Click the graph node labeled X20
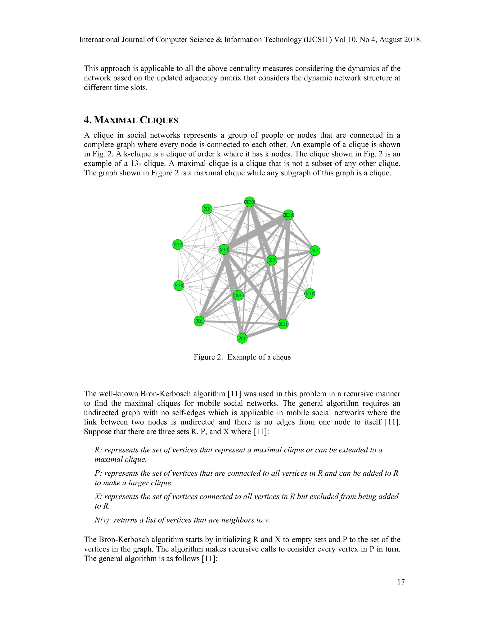tap(249, 202)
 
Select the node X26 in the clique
tap(288, 215)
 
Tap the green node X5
tap(207, 209)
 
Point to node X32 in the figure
tap(178, 245)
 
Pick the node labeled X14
tap(224, 249)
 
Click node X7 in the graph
tap(315, 250)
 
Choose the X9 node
tap(272, 260)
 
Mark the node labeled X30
tap(179, 286)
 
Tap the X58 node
tap(310, 294)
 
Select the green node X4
tap(238, 295)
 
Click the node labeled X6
tap(199, 321)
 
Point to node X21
tap(283, 324)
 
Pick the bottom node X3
tap(242, 338)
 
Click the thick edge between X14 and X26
tap(256, 232)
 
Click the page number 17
tap(401, 582)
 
